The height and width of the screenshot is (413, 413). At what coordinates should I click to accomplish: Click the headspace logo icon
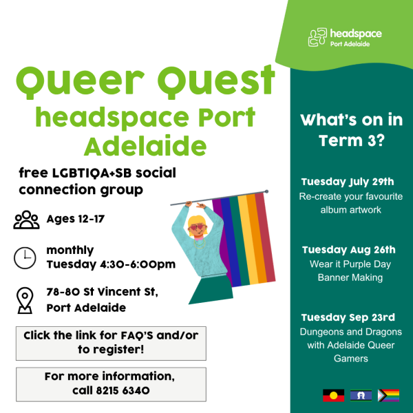coord(317,37)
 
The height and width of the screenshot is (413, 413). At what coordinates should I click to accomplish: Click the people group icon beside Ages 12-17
coord(26,220)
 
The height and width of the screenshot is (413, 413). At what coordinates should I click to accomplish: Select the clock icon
coord(25,258)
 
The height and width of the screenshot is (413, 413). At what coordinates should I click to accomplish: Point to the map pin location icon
coord(25,300)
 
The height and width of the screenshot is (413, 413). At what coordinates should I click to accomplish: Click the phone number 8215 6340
coord(123,390)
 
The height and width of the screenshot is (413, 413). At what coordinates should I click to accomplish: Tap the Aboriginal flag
coord(333,395)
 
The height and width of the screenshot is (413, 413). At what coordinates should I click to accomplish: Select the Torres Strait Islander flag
coord(361,395)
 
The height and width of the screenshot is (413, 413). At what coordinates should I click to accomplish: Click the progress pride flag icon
coord(388,395)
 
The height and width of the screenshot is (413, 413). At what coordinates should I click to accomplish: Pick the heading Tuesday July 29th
coord(348,182)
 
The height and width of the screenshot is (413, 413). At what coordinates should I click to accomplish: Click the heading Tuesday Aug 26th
coord(349,250)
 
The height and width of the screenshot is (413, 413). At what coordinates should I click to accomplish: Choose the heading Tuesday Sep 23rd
coord(348,317)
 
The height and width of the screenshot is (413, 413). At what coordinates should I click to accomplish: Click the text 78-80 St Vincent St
coord(102,292)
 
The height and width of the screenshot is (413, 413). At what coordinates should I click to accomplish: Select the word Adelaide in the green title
coord(145,147)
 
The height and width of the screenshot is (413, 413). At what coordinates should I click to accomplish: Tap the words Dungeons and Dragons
coord(351,332)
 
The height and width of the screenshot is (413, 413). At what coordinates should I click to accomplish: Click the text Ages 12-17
coord(76,219)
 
